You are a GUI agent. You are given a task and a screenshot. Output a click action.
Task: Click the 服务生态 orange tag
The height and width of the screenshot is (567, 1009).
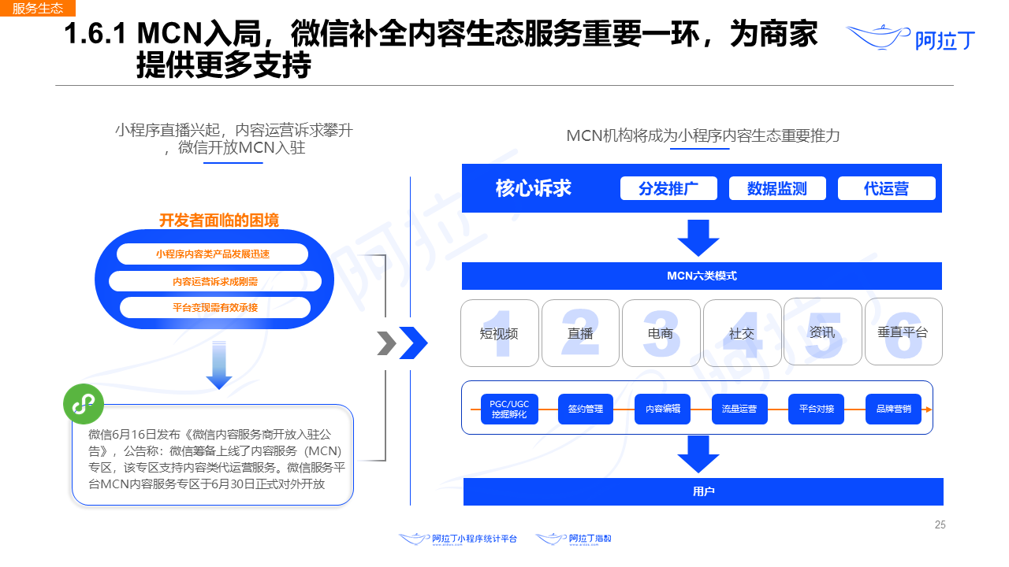pos(38,9)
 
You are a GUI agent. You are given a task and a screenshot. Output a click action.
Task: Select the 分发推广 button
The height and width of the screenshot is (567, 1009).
pos(668,188)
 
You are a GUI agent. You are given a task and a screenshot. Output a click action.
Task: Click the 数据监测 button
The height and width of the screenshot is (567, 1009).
pos(777,188)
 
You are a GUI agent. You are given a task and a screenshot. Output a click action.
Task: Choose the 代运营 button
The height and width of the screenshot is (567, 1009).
pos(886,188)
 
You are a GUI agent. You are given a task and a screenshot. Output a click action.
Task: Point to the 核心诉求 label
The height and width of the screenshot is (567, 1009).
pos(534,188)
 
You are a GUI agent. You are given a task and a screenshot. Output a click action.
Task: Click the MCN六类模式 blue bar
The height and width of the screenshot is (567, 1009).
pos(702,276)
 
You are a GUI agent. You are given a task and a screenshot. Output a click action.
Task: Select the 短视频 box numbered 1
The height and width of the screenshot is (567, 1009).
pos(500,332)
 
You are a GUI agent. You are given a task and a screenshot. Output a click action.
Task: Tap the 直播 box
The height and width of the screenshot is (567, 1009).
pos(580,332)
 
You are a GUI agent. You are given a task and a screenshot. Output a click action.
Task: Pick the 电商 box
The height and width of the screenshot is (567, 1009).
pos(661,332)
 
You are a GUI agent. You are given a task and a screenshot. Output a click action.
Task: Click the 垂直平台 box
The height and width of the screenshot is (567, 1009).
pos(903,332)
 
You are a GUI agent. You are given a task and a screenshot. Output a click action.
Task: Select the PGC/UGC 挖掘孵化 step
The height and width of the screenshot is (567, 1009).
pos(509,409)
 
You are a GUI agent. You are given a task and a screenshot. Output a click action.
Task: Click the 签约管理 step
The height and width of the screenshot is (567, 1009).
pos(586,409)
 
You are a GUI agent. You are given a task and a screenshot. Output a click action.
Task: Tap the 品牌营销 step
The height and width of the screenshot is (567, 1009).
pos(893,409)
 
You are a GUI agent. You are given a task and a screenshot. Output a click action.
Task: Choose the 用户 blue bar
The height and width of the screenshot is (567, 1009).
pos(703,491)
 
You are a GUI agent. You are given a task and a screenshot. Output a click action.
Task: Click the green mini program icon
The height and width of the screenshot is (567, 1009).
pos(84,404)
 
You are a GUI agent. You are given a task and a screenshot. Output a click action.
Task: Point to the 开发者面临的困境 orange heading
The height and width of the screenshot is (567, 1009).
pos(219,220)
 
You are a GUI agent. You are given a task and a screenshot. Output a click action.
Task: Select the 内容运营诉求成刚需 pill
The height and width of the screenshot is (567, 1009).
pos(215,281)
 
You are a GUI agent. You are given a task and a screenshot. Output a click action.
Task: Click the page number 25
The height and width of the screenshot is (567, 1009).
pos(940,525)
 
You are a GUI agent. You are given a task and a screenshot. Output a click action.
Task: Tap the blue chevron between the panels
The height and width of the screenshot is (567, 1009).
pos(414,343)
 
